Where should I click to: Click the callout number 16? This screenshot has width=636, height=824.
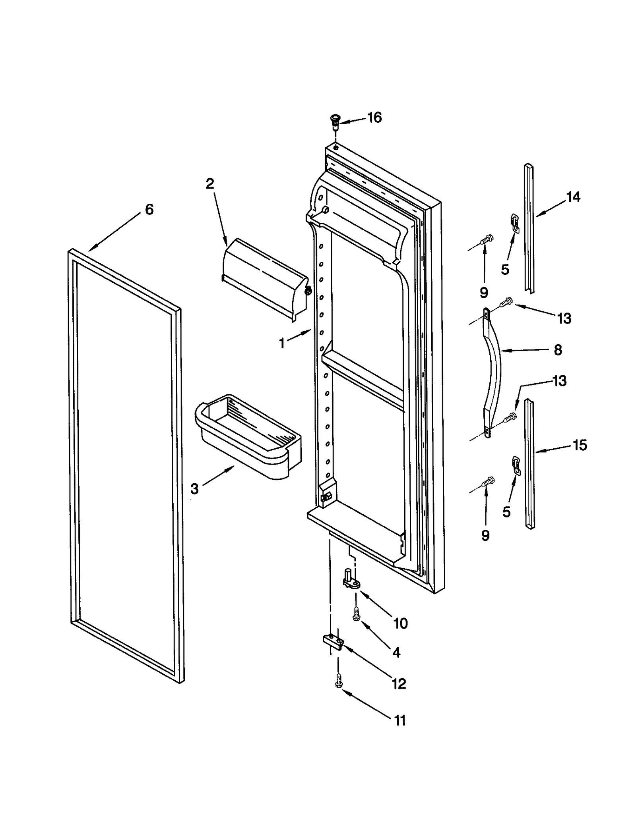point(374,118)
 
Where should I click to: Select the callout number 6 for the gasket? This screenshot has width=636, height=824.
point(149,209)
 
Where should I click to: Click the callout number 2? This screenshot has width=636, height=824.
point(210,183)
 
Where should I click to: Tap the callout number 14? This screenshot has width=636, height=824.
point(573,197)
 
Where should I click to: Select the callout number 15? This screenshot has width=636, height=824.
point(579,445)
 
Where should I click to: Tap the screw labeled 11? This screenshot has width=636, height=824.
point(339,680)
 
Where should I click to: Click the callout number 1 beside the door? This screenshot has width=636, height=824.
point(282,343)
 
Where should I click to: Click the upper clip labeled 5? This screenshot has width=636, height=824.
point(515,223)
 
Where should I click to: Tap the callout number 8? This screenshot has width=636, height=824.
point(558,350)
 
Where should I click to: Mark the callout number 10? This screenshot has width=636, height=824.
point(401,623)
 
